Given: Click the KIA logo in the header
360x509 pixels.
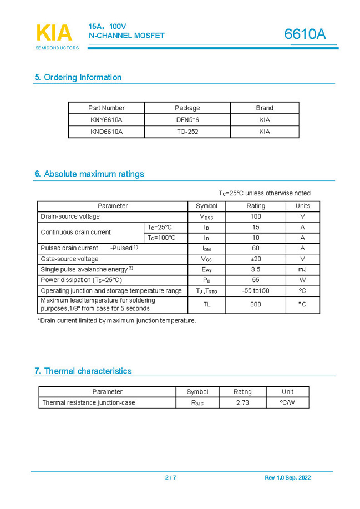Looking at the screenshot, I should (54, 33).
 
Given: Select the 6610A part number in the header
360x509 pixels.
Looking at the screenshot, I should (305, 34).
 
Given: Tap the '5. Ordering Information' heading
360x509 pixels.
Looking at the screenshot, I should (78, 77).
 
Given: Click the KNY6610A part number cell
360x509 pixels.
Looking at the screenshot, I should (106, 120).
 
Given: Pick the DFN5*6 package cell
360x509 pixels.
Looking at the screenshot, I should (187, 120).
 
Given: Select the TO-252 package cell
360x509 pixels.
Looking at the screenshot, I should (187, 132).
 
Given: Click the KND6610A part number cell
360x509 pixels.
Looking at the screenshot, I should (106, 132).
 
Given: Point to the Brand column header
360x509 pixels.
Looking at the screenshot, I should (265, 108).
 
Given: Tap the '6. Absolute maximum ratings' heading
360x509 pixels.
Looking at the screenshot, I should (89, 174).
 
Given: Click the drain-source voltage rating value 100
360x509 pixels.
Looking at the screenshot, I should (256, 216).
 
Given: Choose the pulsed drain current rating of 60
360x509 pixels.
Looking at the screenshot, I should (256, 248).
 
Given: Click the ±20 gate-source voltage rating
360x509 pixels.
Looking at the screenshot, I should (256, 259).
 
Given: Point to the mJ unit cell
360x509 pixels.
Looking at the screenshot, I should (302, 269).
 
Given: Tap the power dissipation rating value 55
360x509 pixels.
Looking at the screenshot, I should (256, 280).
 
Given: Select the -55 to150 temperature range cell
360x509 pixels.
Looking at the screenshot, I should (256, 291).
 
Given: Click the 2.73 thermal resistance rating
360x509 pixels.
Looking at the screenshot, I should (242, 402).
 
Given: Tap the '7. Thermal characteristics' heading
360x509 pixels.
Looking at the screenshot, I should (83, 371).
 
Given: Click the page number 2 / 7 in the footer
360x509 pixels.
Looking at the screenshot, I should (170, 477).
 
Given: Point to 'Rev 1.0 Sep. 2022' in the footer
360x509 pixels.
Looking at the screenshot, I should (288, 477).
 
